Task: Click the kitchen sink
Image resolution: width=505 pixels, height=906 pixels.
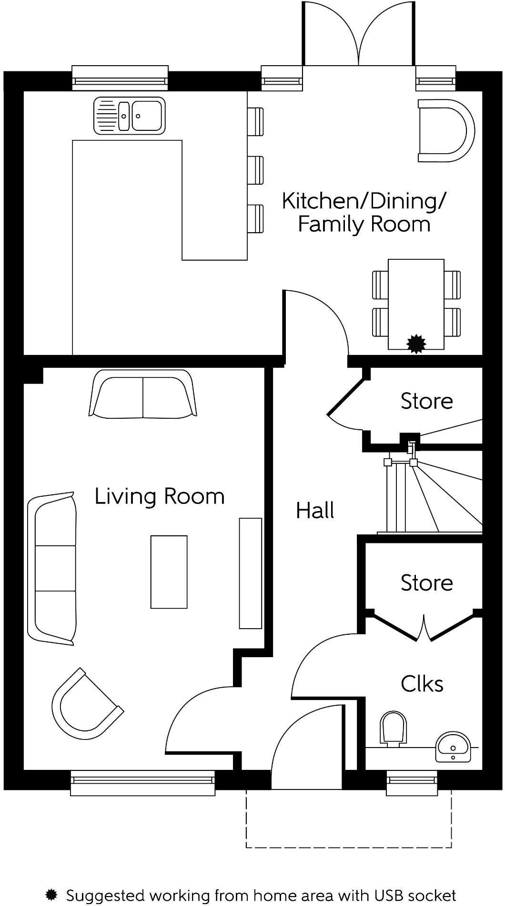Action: pyautogui.click(x=130, y=116)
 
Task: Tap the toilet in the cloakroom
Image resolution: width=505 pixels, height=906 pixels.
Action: pyautogui.click(x=394, y=729)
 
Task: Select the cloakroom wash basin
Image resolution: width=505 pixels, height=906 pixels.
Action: pyautogui.click(x=453, y=747)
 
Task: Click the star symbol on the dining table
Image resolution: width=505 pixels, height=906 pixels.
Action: pyautogui.click(x=416, y=344)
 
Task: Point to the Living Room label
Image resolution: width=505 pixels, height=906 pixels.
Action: pyautogui.click(x=160, y=496)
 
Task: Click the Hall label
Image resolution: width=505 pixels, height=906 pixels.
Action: pyautogui.click(x=315, y=511)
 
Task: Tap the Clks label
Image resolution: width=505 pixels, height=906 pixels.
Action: pyautogui.click(x=422, y=684)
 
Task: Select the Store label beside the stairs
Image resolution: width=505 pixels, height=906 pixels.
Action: pyautogui.click(x=426, y=401)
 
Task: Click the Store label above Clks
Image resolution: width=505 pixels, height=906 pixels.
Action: pyautogui.click(x=426, y=583)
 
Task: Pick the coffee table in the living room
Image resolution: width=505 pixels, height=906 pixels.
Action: pyautogui.click(x=169, y=572)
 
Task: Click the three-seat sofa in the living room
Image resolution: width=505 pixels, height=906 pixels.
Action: pyautogui.click(x=52, y=569)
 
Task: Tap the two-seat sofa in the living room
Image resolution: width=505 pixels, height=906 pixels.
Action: pyautogui.click(x=143, y=394)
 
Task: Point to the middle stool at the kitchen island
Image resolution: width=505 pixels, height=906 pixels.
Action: pyautogui.click(x=255, y=170)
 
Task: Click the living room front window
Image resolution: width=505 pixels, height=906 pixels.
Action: pyautogui.click(x=142, y=783)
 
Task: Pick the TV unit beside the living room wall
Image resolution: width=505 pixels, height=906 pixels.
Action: pyautogui.click(x=250, y=573)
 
